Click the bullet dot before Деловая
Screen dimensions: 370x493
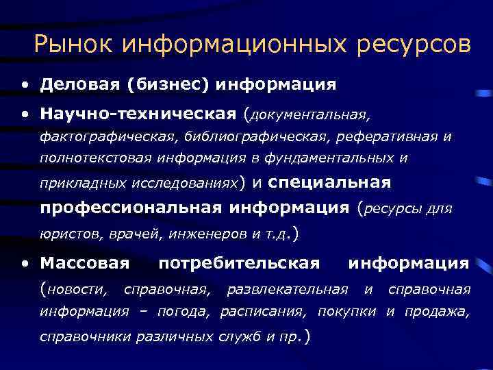(25, 85)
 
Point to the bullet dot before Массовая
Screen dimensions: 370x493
(25, 263)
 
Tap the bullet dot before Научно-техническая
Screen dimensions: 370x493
(25, 112)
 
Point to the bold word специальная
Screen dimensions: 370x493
(329, 182)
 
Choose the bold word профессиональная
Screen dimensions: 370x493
(130, 208)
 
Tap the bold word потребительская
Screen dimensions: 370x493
(239, 262)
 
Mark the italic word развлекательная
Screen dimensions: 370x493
(287, 289)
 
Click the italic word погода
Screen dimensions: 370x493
(183, 312)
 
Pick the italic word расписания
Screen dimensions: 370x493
(264, 312)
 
